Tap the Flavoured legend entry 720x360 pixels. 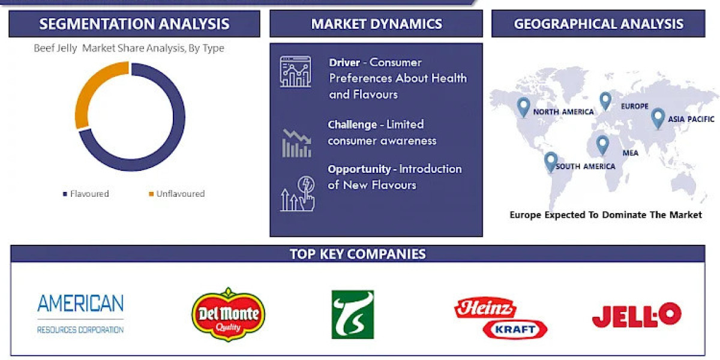[x=86, y=194]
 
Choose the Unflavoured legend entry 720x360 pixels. [x=177, y=194]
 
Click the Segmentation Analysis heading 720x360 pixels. [x=134, y=24]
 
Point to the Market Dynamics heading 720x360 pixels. [x=376, y=24]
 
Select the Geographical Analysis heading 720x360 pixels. [x=599, y=24]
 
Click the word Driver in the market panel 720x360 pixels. [x=344, y=62]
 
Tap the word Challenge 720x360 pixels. [x=352, y=124]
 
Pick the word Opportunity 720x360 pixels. [x=359, y=169]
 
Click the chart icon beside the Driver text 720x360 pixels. [x=296, y=71]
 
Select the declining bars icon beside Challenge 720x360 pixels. [x=296, y=143]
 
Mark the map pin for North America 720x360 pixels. [x=523, y=107]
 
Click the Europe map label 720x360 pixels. [x=635, y=106]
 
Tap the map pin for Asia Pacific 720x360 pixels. [x=658, y=119]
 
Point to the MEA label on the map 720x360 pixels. [x=631, y=153]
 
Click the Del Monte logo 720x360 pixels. [x=228, y=314]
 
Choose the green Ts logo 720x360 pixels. [x=353, y=314]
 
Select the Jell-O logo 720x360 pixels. [x=637, y=315]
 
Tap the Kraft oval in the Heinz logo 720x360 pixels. [x=515, y=329]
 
